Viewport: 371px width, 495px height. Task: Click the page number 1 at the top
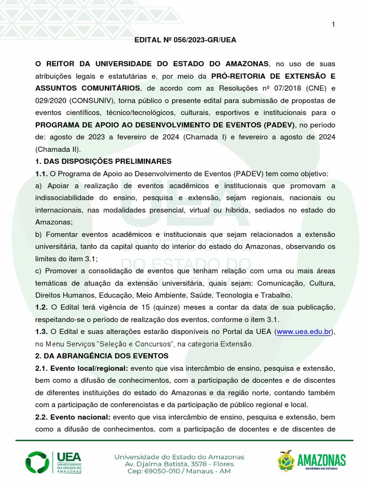333,25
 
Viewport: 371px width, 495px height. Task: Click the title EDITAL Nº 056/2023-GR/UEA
185,40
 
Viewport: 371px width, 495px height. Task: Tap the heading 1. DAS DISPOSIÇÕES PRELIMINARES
103,161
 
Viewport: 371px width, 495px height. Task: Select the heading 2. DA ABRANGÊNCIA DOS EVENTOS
101,356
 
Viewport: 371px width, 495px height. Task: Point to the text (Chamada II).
53,149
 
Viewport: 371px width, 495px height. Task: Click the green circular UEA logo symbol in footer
37,463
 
